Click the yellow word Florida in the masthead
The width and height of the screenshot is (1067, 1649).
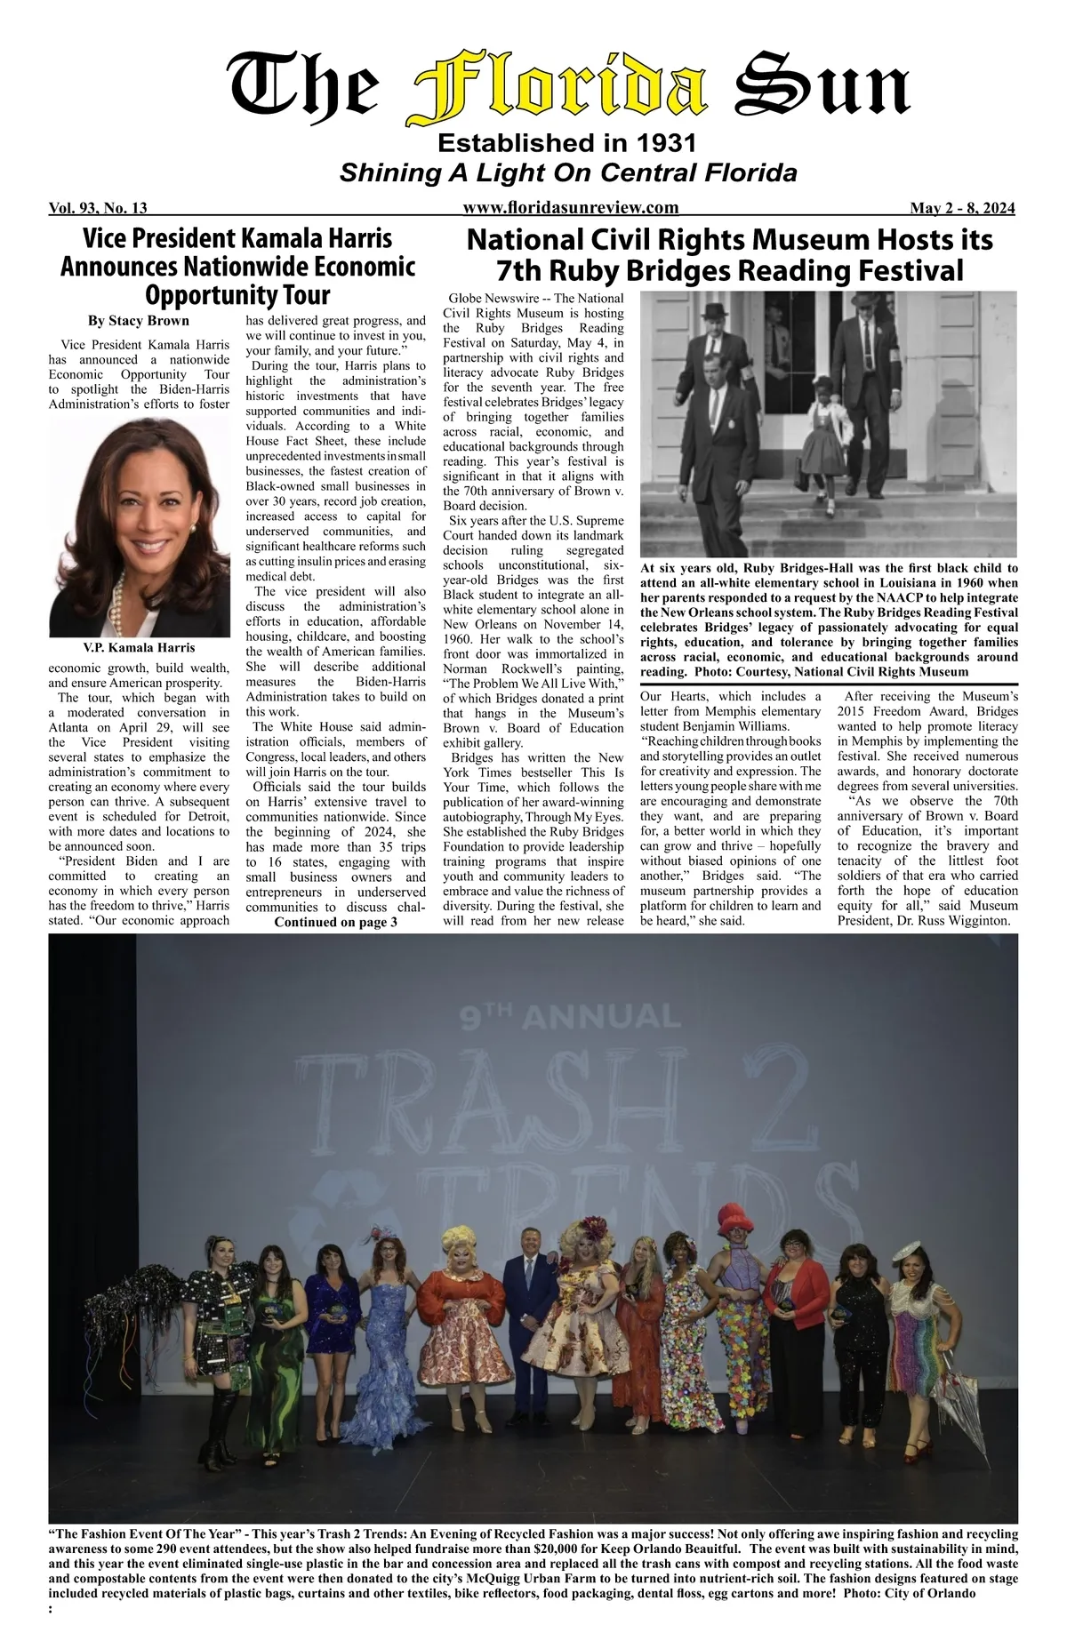(x=560, y=89)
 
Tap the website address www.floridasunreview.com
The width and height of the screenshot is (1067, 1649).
(x=571, y=208)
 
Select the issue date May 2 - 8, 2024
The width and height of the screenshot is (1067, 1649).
(x=962, y=209)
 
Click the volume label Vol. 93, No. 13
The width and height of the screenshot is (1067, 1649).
(x=98, y=209)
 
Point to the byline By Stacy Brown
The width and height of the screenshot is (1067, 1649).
(x=138, y=320)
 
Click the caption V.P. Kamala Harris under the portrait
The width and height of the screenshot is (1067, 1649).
(x=139, y=647)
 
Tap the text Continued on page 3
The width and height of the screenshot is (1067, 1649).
(x=335, y=923)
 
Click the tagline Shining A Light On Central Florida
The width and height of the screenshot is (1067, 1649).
(x=568, y=172)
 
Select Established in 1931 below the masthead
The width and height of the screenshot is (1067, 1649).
(x=567, y=143)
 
